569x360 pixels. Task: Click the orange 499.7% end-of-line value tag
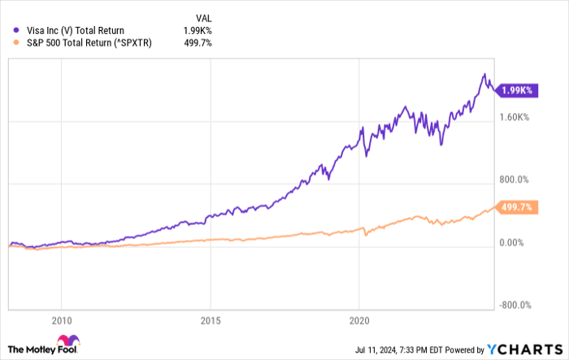tap(515, 207)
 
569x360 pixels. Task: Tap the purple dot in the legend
tap(15, 31)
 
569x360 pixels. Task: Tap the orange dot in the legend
tap(15, 43)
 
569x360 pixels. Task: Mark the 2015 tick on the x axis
tap(211, 320)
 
